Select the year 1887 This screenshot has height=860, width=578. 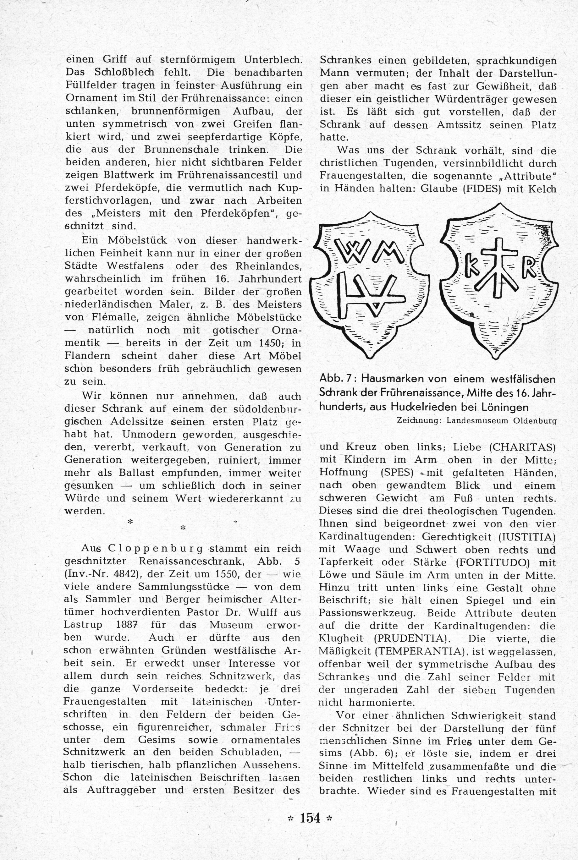click(127, 625)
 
